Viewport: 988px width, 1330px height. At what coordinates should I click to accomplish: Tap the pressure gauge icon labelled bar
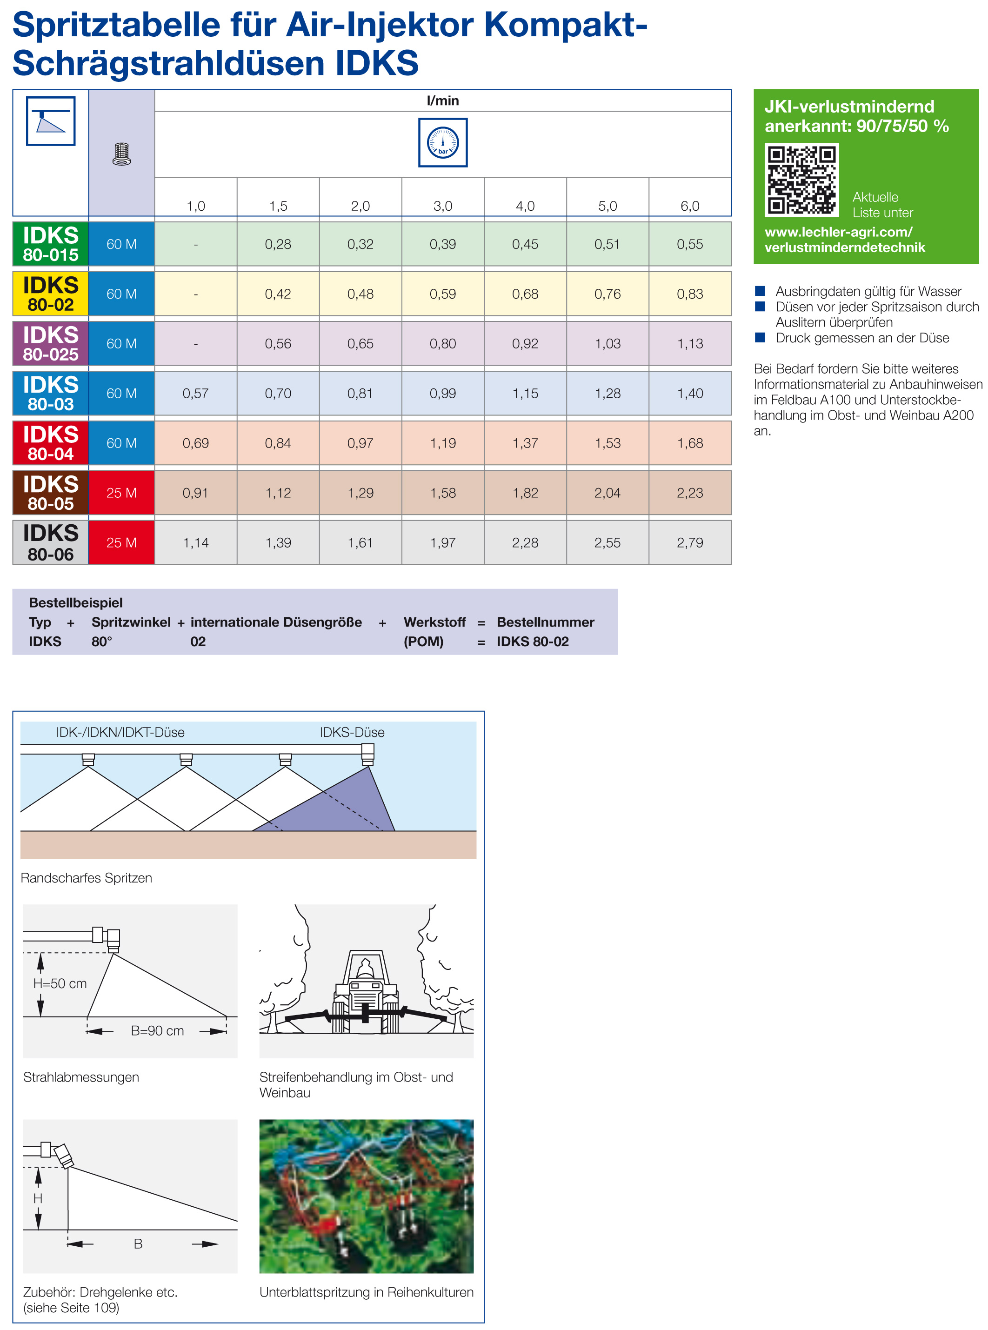(x=442, y=142)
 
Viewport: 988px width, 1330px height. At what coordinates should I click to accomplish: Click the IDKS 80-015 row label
(x=51, y=244)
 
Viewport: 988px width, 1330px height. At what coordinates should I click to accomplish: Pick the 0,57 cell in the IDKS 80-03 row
(x=195, y=394)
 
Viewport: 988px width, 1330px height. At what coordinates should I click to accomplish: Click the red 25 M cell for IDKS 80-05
(x=121, y=493)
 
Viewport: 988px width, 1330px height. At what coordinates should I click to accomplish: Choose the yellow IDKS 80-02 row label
(x=51, y=294)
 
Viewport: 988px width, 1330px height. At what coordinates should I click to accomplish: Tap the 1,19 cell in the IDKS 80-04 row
(x=442, y=443)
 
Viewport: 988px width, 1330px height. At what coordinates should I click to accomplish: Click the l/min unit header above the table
(x=442, y=100)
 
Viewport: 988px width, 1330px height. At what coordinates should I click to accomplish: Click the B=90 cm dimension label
(x=157, y=1031)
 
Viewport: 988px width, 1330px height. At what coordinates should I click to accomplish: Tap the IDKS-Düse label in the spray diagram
(x=352, y=732)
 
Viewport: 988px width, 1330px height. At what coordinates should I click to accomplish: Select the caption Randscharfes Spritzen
(x=86, y=878)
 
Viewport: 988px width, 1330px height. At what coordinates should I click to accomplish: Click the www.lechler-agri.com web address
(x=839, y=232)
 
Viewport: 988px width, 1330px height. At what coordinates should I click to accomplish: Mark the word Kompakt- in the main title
(x=565, y=25)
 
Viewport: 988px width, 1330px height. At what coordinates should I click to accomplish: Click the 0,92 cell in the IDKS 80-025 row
(x=525, y=344)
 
